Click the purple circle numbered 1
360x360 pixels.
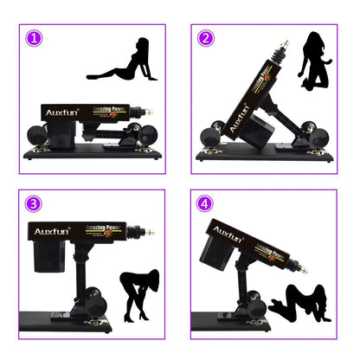coord(33,39)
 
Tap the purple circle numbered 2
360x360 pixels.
coord(205,38)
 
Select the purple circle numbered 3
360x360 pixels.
coord(33,204)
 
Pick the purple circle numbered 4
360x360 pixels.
coord(205,204)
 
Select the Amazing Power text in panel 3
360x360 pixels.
coord(104,229)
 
